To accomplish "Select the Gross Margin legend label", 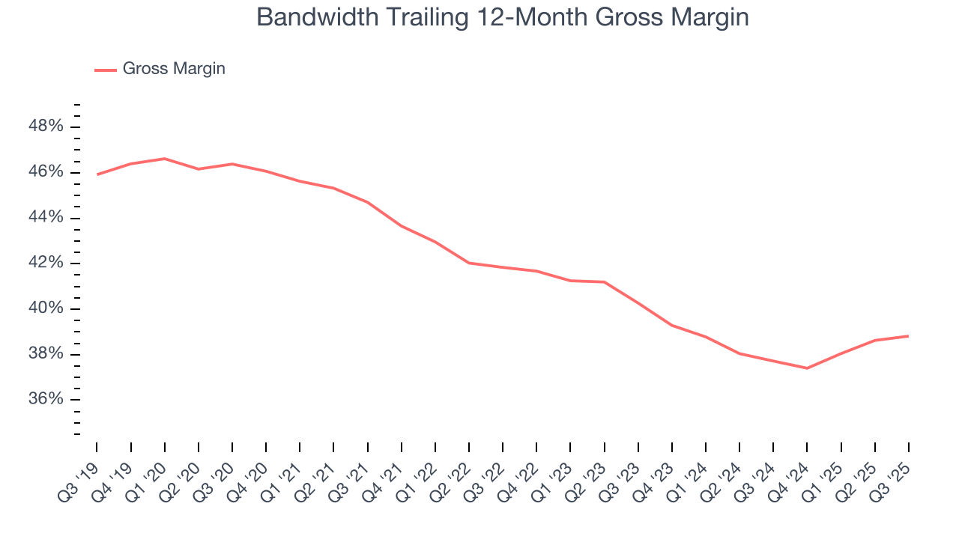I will click(174, 69).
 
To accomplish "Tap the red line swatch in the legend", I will click(105, 70).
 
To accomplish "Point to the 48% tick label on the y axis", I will click(46, 127).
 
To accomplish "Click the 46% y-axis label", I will click(46, 172).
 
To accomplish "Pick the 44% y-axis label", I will click(46, 218).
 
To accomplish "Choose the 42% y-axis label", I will click(46, 264).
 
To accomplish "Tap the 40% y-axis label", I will click(46, 309).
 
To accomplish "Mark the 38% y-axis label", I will click(46, 354).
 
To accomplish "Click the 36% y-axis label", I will click(46, 400).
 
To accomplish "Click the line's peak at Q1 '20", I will click(165, 159).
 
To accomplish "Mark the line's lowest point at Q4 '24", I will click(807, 368).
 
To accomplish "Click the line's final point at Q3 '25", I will click(908, 336).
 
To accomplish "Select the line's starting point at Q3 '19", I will click(97, 174).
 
